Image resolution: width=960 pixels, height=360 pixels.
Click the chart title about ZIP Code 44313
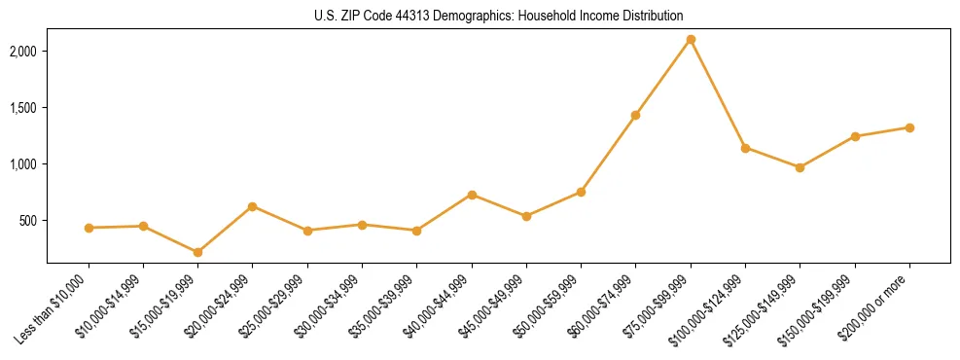pyautogui.click(x=498, y=16)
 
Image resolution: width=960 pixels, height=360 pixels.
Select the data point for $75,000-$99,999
pyautogui.click(x=691, y=40)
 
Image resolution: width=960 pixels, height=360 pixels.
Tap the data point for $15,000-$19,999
pyautogui.click(x=198, y=252)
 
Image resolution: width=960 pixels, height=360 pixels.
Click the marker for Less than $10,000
pyautogui.click(x=89, y=228)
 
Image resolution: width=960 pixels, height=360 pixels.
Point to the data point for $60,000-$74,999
pyautogui.click(x=635, y=115)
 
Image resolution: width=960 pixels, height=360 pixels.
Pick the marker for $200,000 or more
pyautogui.click(x=909, y=127)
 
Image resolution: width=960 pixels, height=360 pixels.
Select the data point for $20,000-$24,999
pyautogui.click(x=253, y=206)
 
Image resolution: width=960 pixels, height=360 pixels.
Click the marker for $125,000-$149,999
pyautogui.click(x=800, y=167)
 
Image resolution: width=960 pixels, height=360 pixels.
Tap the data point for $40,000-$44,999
pyautogui.click(x=472, y=195)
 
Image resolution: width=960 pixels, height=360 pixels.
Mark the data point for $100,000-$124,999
pyautogui.click(x=745, y=148)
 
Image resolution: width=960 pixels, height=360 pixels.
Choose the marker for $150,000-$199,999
pyautogui.click(x=855, y=136)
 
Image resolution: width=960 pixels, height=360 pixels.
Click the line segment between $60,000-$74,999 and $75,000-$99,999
pyautogui.click(x=663, y=77)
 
